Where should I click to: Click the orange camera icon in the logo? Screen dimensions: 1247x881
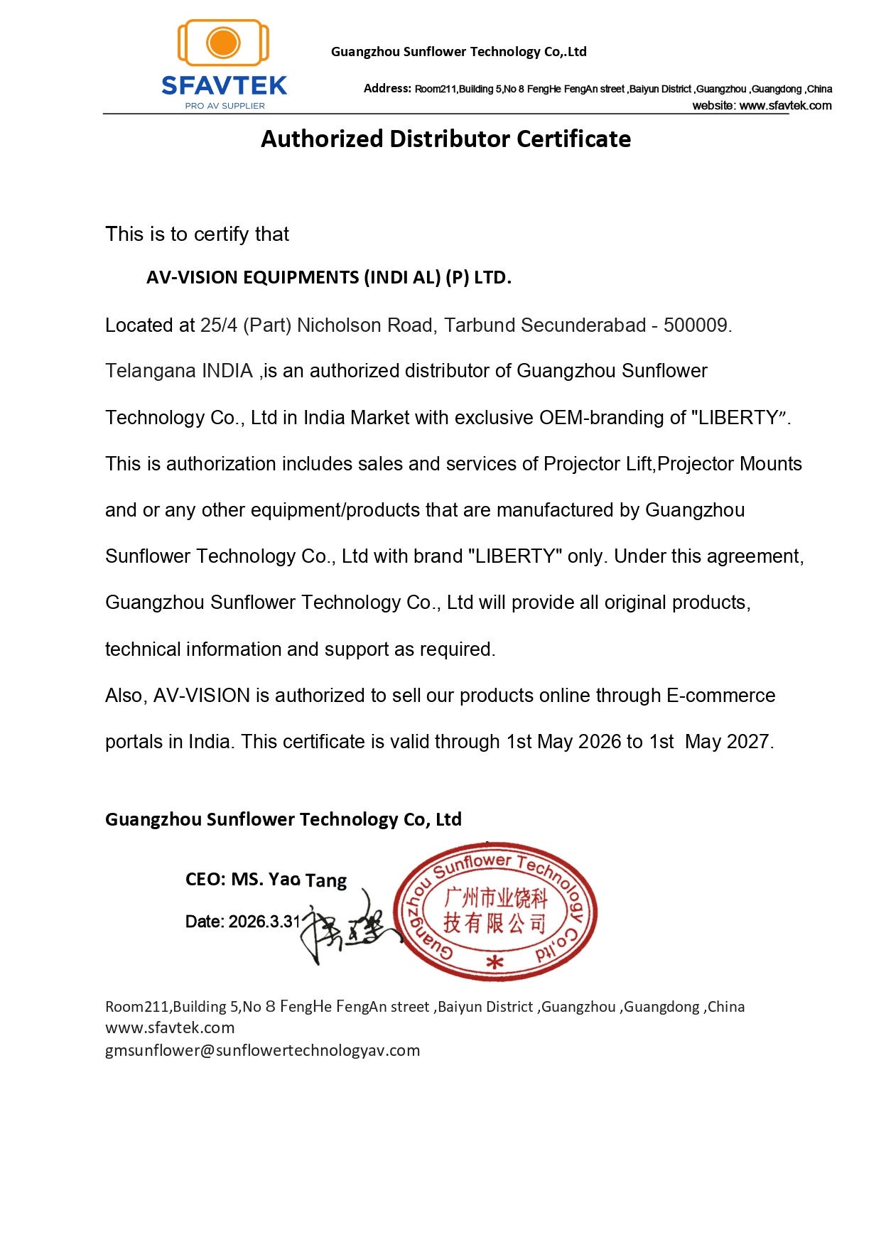[223, 43]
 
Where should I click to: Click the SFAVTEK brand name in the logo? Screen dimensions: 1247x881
[224, 86]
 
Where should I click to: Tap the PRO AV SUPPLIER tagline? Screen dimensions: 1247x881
[225, 106]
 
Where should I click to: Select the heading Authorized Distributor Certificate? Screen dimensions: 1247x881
[445, 139]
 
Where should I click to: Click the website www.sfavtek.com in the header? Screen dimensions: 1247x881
[785, 106]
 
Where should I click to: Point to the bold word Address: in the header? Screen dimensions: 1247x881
[387, 88]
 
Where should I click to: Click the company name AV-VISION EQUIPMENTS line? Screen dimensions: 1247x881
[328, 277]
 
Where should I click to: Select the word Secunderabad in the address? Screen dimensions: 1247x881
[583, 325]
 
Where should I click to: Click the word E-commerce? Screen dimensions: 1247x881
[720, 696]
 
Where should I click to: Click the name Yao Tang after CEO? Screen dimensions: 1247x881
[307, 880]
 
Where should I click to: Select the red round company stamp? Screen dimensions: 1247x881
[495, 912]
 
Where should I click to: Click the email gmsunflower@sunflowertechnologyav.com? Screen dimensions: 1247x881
[262, 1050]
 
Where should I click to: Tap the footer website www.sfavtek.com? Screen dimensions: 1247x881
[170, 1027]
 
